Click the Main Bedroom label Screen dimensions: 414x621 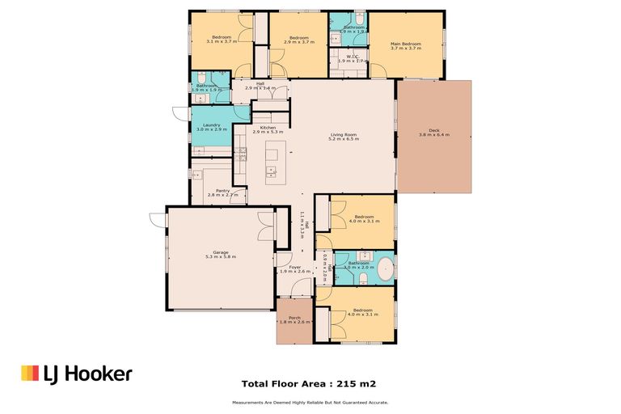pos(406,44)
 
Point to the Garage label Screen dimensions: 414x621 pos(219,252)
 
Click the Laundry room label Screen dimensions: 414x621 pos(212,125)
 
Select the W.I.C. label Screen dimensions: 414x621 pos(347,57)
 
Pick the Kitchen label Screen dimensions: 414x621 pos(268,127)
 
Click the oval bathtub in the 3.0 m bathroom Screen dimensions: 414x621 pos(385,268)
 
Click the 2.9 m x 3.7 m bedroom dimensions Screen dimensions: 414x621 pos(299,41)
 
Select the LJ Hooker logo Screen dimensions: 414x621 pos(76,373)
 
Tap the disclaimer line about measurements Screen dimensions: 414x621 pos(310,402)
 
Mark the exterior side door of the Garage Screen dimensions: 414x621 pos(157,218)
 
